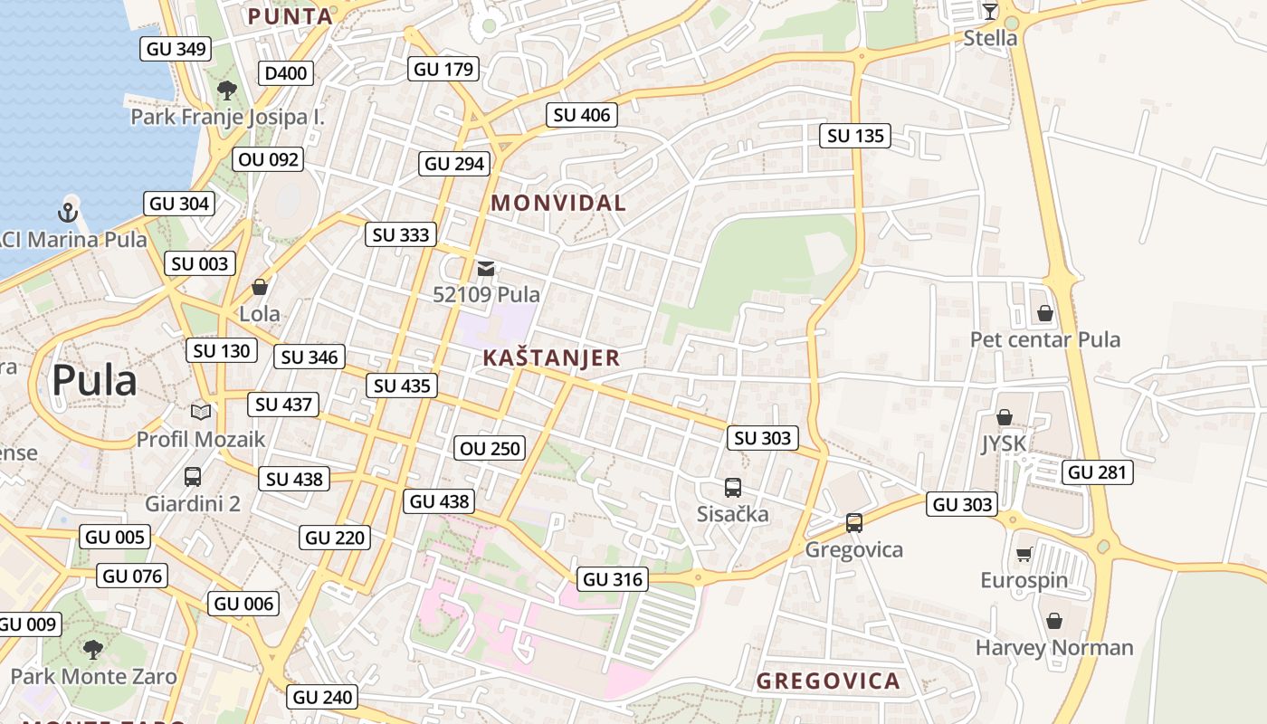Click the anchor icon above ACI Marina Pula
coord(68,213)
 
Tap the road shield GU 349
coord(176,49)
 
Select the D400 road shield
coord(285,73)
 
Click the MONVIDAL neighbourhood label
coord(558,204)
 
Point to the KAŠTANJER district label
coord(551,357)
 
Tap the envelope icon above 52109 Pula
coord(486,268)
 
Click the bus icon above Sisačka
coord(733,488)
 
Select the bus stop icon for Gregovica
coord(853,522)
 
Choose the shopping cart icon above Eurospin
coord(1024,554)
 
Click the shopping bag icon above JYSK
coord(1004,417)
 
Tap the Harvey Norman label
coord(1054,647)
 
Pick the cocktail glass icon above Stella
coord(989,12)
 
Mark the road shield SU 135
coord(855,136)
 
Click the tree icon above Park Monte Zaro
coord(92,649)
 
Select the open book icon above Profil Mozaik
coord(201,413)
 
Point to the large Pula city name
coord(94,380)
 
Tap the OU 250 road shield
coord(490,448)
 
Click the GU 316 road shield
coord(613,579)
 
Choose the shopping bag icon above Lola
coord(260,287)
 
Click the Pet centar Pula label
coord(1045,339)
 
